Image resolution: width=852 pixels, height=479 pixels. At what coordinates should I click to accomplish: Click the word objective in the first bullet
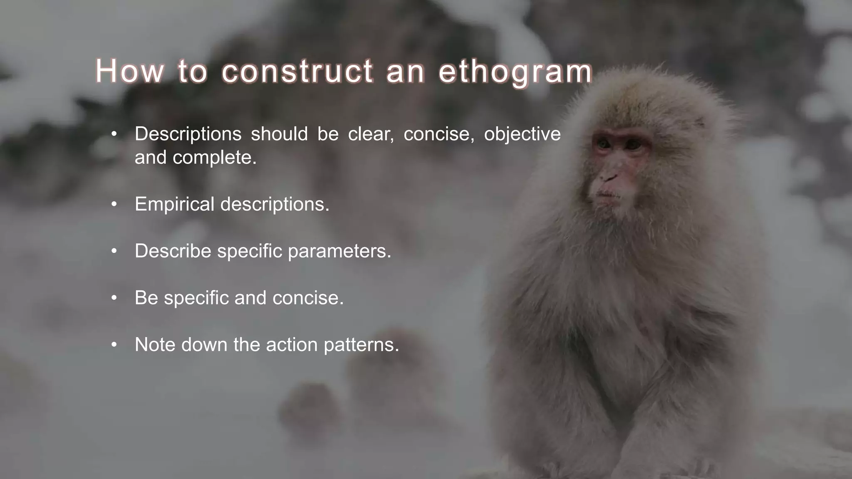(522, 134)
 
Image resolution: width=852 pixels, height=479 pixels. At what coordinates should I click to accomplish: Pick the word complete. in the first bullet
(215, 158)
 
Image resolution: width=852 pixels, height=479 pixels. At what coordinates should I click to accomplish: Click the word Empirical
(175, 205)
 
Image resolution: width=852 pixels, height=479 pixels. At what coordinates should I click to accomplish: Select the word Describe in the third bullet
(173, 251)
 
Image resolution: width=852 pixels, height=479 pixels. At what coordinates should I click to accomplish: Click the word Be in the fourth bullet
(146, 298)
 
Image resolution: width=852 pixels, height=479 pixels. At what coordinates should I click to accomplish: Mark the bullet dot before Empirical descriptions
(114, 205)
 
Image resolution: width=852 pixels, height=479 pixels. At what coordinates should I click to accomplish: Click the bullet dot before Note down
(114, 345)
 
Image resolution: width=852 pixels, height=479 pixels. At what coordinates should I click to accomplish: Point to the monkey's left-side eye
(604, 144)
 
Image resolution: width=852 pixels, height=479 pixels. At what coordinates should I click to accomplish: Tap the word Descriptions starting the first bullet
(188, 134)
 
